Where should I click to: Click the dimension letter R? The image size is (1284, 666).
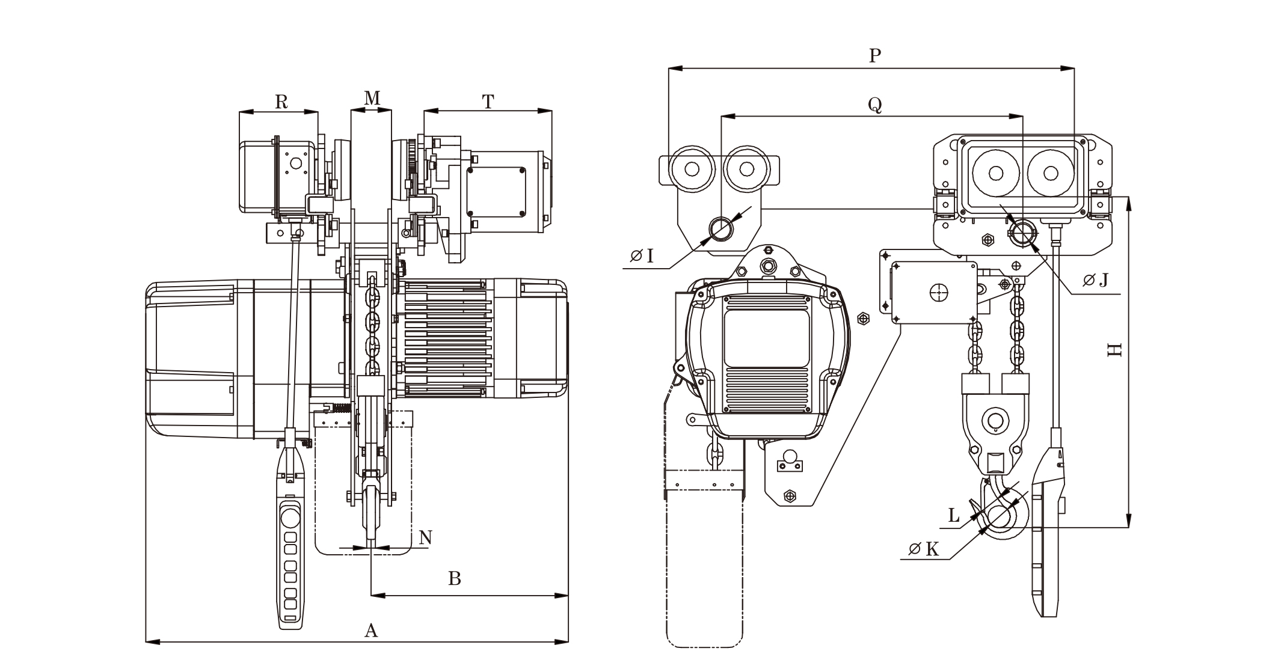pyautogui.click(x=281, y=102)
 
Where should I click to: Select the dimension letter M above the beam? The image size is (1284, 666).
pyautogui.click(x=372, y=98)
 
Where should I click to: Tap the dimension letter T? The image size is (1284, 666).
pyautogui.click(x=488, y=102)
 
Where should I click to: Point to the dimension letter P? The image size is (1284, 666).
pyautogui.click(x=875, y=56)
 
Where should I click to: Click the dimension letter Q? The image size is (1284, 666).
pyautogui.click(x=874, y=105)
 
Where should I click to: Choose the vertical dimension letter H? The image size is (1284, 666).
pyautogui.click(x=1114, y=350)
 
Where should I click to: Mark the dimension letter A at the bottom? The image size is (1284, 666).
pyautogui.click(x=372, y=631)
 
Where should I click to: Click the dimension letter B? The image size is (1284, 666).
pyautogui.click(x=455, y=579)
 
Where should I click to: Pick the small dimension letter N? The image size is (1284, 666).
pyautogui.click(x=425, y=537)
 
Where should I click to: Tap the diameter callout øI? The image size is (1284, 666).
pyautogui.click(x=642, y=257)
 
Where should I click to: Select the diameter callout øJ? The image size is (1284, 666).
pyautogui.click(x=1096, y=280)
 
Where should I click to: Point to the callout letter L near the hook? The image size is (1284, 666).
pyautogui.click(x=954, y=516)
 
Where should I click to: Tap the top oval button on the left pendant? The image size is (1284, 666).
pyautogui.click(x=290, y=517)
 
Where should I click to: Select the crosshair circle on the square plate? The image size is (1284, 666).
pyautogui.click(x=938, y=292)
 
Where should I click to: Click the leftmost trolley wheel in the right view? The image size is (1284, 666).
pyautogui.click(x=692, y=169)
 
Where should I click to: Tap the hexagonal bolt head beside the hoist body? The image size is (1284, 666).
pyautogui.click(x=863, y=317)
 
